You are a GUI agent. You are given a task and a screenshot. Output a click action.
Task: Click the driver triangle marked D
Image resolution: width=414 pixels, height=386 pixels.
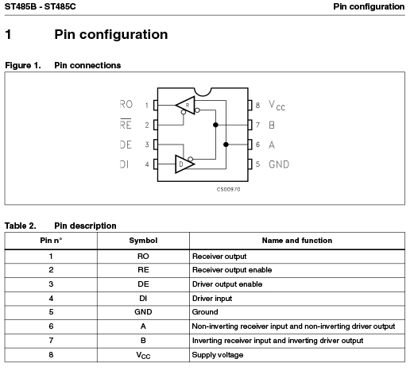click(x=184, y=164)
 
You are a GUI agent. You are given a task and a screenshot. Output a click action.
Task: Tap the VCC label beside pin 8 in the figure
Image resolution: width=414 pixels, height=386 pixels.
click(x=277, y=105)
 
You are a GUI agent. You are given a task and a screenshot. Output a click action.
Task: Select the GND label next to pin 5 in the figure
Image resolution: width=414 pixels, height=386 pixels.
click(x=279, y=164)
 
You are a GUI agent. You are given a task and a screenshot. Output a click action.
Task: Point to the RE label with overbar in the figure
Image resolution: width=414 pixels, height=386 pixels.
click(x=126, y=124)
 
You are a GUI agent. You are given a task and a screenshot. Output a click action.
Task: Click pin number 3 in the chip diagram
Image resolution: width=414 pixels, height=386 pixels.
click(x=147, y=145)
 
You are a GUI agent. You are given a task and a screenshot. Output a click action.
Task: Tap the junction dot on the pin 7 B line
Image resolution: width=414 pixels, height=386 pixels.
click(x=215, y=125)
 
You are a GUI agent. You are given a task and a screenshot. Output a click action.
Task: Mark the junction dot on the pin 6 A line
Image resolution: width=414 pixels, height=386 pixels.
click(x=226, y=145)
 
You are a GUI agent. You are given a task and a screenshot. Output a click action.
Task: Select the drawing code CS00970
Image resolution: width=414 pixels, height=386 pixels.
click(x=228, y=189)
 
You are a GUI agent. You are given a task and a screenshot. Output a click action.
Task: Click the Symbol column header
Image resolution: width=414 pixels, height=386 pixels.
click(x=143, y=241)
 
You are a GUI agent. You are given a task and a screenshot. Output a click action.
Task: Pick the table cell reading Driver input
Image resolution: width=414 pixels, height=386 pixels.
click(x=212, y=299)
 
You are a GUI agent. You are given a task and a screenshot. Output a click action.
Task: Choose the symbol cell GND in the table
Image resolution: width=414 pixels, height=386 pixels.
click(x=143, y=312)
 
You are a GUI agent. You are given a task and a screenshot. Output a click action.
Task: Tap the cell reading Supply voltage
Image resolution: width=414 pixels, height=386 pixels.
click(x=218, y=355)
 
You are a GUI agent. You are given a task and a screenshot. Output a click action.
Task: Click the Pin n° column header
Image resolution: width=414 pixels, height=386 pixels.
click(x=51, y=241)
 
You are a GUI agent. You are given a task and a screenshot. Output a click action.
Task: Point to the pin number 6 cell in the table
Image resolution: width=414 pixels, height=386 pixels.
click(x=51, y=326)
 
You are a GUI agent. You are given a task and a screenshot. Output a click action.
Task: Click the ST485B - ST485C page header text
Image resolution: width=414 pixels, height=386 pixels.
click(x=41, y=6)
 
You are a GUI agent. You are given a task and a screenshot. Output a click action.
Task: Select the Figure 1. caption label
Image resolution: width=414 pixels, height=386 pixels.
click(x=23, y=65)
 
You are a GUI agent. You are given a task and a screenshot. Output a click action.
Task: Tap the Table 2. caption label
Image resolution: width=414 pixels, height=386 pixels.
click(x=21, y=226)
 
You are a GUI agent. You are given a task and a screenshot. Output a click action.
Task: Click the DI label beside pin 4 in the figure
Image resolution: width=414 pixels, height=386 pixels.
click(x=124, y=164)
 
